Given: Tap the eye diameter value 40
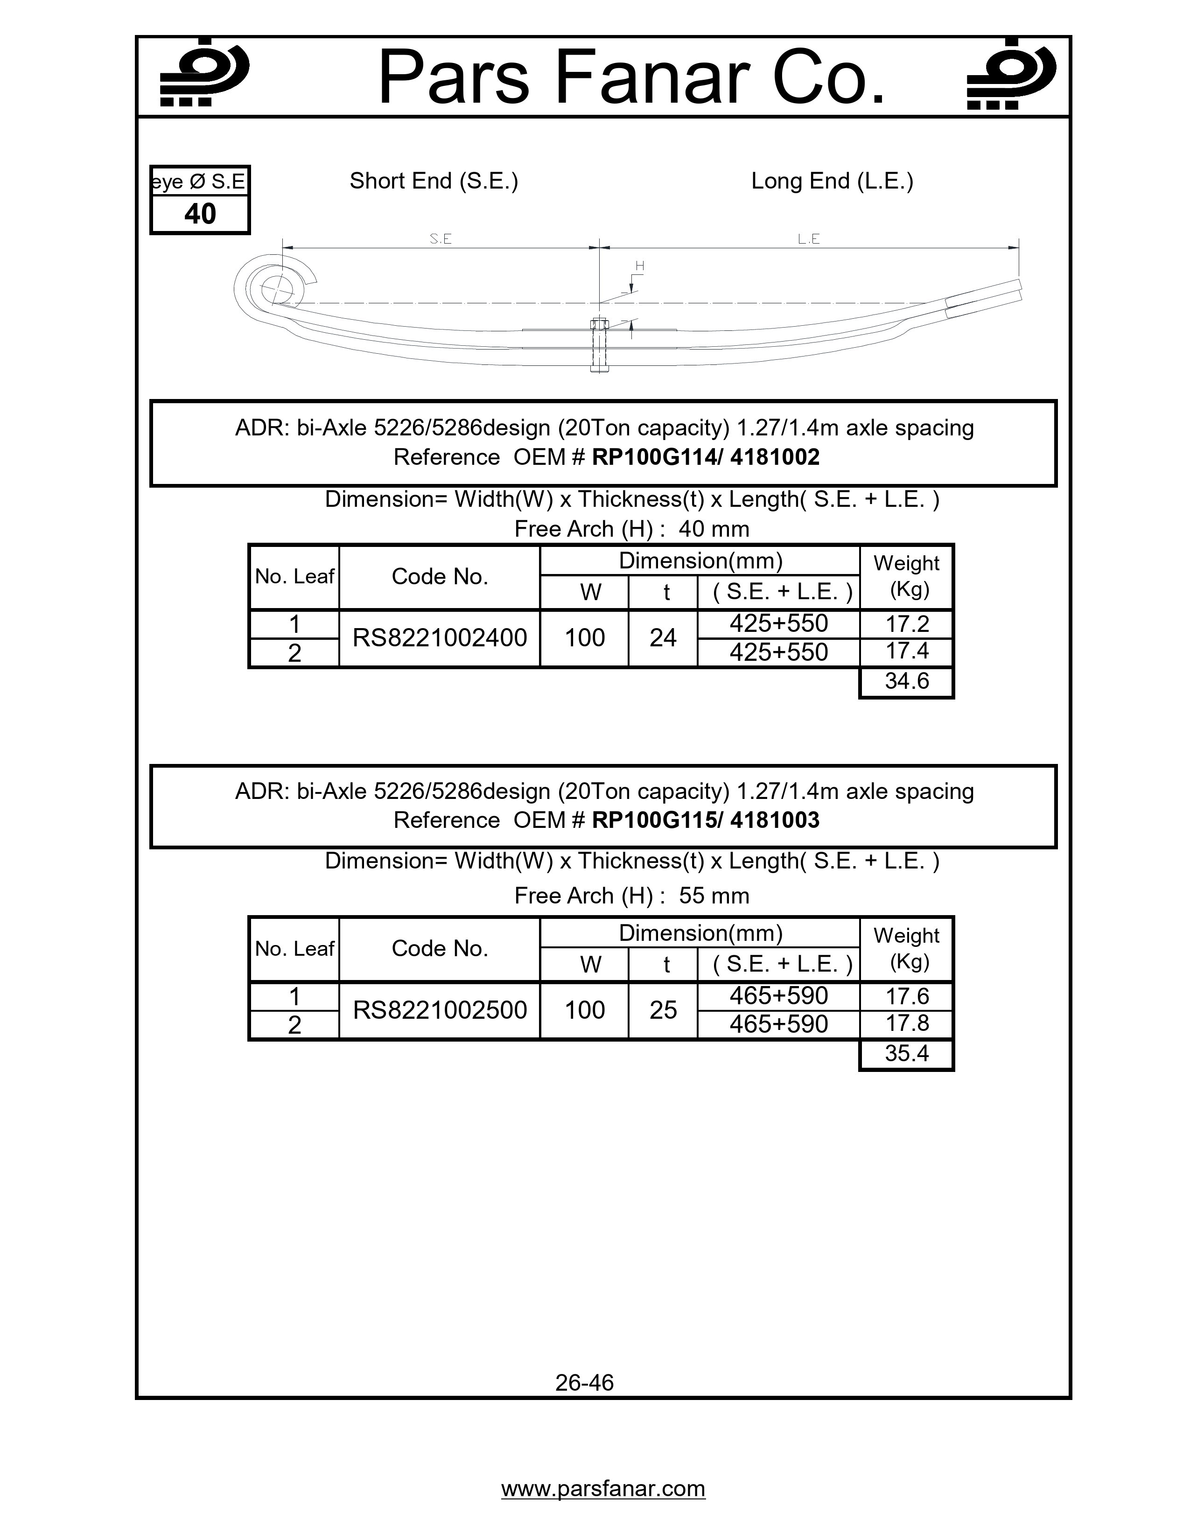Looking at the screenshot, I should coord(200,214).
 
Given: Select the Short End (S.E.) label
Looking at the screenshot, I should coord(434,181).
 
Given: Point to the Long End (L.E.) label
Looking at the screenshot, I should coord(832,181).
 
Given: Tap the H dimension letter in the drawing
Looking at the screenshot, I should coord(639,266).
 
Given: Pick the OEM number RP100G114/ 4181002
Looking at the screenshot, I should coord(706,457).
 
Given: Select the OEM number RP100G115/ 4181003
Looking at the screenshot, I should coord(706,820).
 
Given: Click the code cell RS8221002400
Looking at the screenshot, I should coord(439,638).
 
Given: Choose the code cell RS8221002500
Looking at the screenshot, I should coord(439,1010).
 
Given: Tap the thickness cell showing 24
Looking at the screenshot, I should coord(663,638).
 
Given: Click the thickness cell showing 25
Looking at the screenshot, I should coord(663,1010).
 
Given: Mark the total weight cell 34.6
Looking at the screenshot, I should coord(907,681).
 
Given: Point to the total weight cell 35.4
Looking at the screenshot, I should coord(907,1053).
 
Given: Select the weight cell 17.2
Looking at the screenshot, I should coord(907,624).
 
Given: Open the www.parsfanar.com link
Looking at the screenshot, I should coord(603,1489).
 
